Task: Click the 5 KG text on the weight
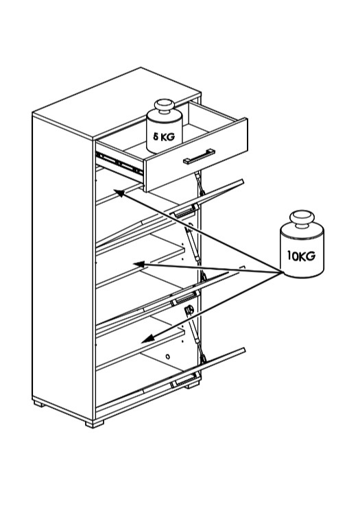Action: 164,137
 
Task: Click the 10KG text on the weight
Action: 301,256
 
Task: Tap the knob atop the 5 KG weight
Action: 165,106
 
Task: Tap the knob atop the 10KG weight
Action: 302,219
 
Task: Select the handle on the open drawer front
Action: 199,156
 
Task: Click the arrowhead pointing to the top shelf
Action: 119,193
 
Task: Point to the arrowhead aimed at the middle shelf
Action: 139,264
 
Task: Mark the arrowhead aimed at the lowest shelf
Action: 148,339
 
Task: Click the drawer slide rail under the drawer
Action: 119,162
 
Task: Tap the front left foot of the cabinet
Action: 94,424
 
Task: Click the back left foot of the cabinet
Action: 38,403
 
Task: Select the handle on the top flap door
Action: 185,211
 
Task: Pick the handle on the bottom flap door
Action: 184,380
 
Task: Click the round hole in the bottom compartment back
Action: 167,357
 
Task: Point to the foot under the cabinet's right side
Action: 192,385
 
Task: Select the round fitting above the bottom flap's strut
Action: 189,310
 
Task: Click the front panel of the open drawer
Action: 196,155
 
